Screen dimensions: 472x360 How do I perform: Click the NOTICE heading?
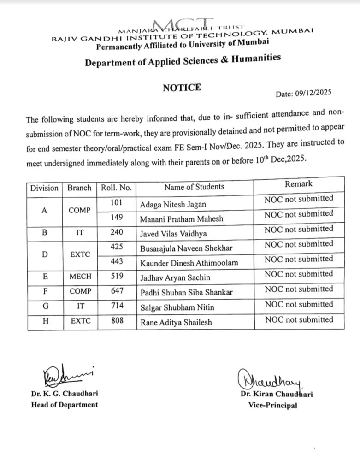click(182, 87)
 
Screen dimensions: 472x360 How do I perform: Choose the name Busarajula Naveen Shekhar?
click(186, 248)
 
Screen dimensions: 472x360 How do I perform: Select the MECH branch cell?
click(80, 277)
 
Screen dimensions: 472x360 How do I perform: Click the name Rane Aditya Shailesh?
click(176, 322)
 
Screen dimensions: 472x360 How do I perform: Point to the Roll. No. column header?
click(116, 188)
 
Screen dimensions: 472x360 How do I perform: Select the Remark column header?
click(298, 183)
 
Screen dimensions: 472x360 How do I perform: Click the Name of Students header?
click(194, 187)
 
